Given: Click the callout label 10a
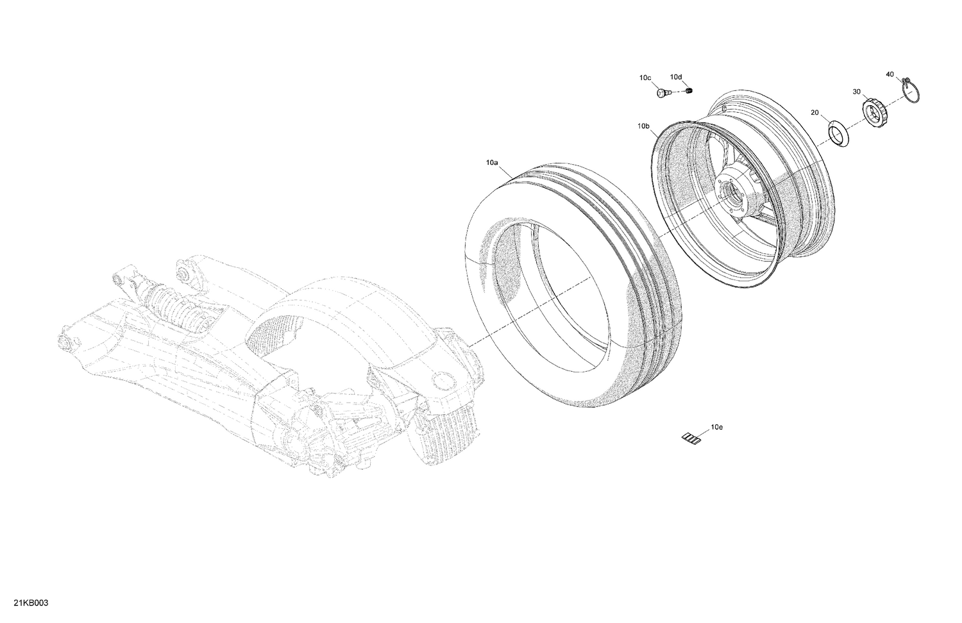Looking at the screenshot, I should pos(491,163).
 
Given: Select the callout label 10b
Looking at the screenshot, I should pos(644,127).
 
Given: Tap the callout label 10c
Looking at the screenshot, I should pos(645,78).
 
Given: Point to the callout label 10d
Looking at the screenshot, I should pos(677,78).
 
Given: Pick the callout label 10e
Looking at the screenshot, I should pos(716,426).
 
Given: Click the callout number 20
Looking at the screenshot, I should pos(814,113).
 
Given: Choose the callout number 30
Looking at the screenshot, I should pos(856,92).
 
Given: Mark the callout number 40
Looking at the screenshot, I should pos(890,74).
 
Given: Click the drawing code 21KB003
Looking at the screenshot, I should pos(26,604).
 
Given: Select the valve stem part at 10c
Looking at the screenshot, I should pos(663,94).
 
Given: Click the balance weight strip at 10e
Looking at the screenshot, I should pos(691,438).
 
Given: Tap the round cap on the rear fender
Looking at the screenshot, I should pos(442,383).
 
